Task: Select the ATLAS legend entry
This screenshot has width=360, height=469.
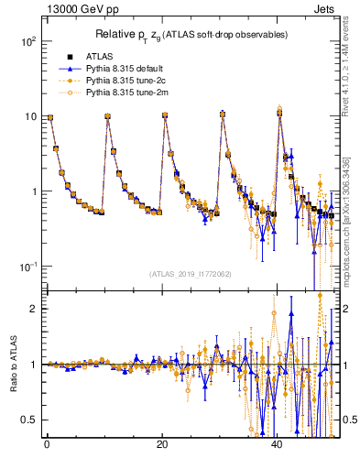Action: (94, 58)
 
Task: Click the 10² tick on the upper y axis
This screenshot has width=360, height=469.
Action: (27, 42)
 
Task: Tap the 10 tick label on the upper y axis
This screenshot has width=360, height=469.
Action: (29, 116)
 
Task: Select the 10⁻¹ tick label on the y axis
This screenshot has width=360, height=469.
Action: (27, 266)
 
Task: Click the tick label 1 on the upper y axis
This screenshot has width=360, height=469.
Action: (33, 191)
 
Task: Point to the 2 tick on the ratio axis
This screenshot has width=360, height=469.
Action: (33, 309)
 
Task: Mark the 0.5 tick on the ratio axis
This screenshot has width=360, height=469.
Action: (29, 420)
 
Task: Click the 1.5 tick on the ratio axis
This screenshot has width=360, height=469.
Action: (29, 336)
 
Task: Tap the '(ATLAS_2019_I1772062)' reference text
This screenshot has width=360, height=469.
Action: (190, 273)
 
